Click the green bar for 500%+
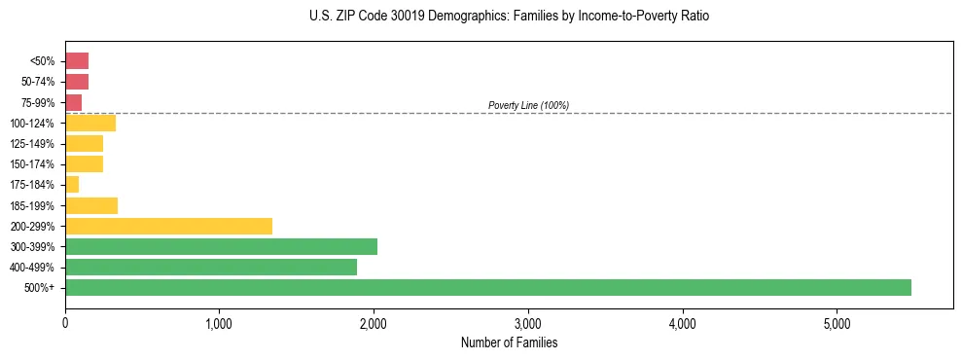point(487,288)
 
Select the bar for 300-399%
point(221,246)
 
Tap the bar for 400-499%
point(211,268)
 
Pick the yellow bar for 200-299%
point(168,226)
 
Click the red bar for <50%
point(77,60)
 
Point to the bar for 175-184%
point(72,185)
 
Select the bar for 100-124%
point(90,123)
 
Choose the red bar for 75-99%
point(73,102)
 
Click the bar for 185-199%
point(91,205)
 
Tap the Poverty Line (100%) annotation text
point(528,105)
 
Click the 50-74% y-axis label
point(37,82)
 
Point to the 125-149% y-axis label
point(33,144)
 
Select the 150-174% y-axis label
point(33,164)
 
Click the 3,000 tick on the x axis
point(527,324)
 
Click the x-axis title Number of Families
point(509,342)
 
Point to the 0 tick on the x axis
point(65,324)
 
